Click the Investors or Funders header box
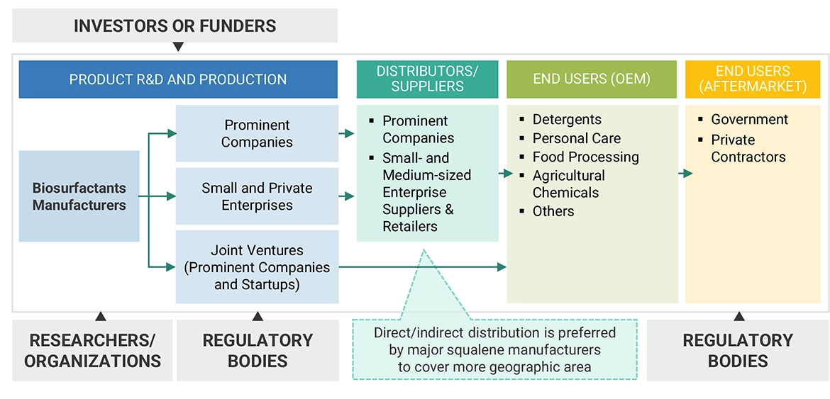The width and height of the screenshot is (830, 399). pos(175,26)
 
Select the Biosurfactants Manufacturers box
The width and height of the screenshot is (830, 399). pos(79,196)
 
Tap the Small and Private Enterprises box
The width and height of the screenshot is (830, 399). pos(257,196)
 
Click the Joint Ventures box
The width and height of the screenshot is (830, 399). pos(257,267)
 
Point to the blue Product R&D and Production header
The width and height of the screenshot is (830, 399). pos(178,79)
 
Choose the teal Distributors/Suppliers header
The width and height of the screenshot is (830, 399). pos(427,79)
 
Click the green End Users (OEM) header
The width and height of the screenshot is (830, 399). pos(591,79)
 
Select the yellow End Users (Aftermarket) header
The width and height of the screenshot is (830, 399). pos(752,79)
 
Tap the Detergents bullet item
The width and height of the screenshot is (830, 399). pos(567,119)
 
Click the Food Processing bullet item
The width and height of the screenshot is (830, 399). pos(585,157)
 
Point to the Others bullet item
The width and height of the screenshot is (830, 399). pos(553,211)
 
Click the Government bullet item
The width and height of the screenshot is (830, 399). pos(749,119)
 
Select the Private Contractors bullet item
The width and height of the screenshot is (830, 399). pos(748,148)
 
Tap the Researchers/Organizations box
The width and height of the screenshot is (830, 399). pos(92,350)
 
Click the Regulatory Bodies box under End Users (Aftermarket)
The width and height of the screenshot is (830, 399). pos(738,350)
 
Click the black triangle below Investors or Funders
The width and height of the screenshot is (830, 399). pos(178,47)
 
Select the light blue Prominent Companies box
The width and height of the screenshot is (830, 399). pos(257,133)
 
